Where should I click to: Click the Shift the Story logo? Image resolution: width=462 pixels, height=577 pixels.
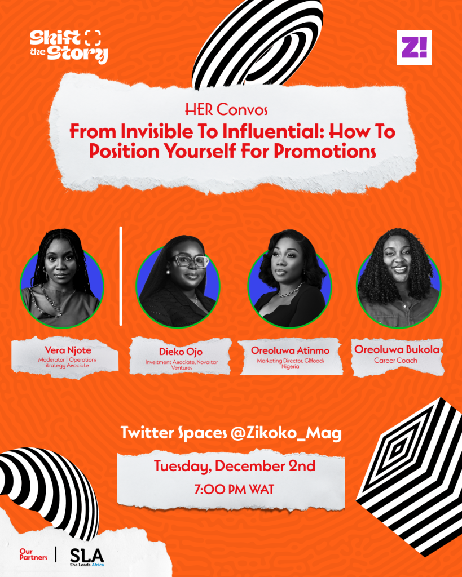[x=69, y=46]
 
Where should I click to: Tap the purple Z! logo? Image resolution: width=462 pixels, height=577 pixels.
[x=414, y=47]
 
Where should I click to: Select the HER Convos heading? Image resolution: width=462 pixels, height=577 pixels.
[x=226, y=110]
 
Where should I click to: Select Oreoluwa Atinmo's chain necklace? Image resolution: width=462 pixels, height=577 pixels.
[x=291, y=290]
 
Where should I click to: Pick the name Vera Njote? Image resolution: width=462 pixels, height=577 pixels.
[x=68, y=349]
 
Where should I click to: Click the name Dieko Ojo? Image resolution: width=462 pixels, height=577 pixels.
[x=181, y=352]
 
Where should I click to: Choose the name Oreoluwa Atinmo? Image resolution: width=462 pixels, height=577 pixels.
[x=290, y=350]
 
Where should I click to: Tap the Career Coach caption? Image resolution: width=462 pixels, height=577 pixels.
[x=395, y=360]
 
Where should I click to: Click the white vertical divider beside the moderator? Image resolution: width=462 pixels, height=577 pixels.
[x=121, y=276]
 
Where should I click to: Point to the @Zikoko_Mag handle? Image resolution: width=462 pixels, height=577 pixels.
[x=286, y=433]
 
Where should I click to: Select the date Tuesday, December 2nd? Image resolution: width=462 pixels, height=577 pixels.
[x=234, y=466]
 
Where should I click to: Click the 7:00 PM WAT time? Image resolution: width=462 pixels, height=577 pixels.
[x=234, y=490]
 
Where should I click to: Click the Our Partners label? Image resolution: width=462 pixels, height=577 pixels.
[x=33, y=554]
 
